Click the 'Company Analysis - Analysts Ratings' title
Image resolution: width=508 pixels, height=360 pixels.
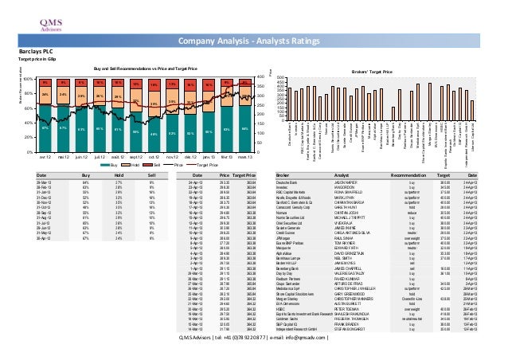(x=253, y=41)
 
